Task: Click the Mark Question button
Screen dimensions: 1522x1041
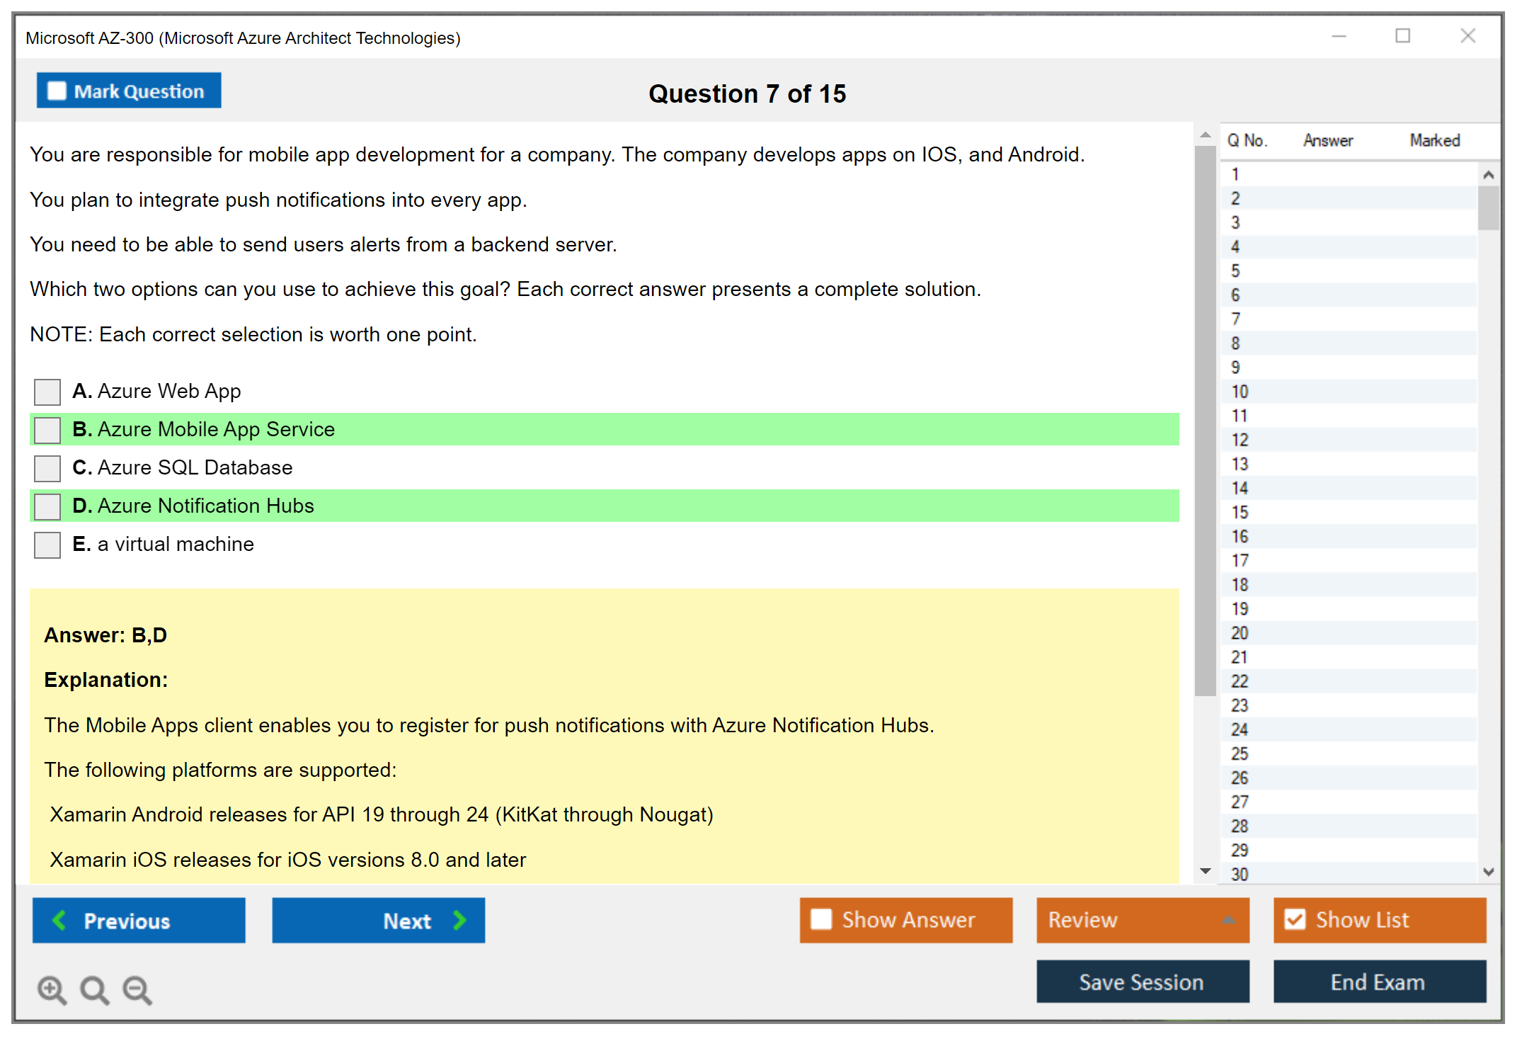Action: point(129,91)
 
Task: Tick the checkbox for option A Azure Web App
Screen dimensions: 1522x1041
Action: point(47,392)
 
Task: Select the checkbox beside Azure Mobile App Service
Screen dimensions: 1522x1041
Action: point(47,430)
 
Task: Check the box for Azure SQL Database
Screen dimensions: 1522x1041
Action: point(47,468)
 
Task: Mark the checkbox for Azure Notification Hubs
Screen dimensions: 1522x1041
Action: point(47,506)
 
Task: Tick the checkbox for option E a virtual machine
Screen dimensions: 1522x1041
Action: point(47,545)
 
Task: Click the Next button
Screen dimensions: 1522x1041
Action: point(379,921)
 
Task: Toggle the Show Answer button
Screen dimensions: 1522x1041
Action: point(906,921)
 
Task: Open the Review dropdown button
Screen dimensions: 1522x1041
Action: point(1143,921)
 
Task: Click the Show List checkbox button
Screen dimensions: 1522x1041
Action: point(1380,921)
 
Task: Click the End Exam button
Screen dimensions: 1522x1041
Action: point(1380,982)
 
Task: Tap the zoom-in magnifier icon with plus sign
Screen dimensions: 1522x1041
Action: point(52,990)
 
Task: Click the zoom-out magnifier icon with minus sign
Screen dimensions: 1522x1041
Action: point(137,990)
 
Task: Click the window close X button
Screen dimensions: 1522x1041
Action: point(1468,35)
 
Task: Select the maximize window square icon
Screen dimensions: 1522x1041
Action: point(1403,35)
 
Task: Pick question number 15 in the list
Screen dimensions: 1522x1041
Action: point(1240,513)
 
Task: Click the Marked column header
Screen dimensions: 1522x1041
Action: point(1435,140)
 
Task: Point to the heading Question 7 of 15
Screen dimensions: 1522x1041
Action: point(748,93)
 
